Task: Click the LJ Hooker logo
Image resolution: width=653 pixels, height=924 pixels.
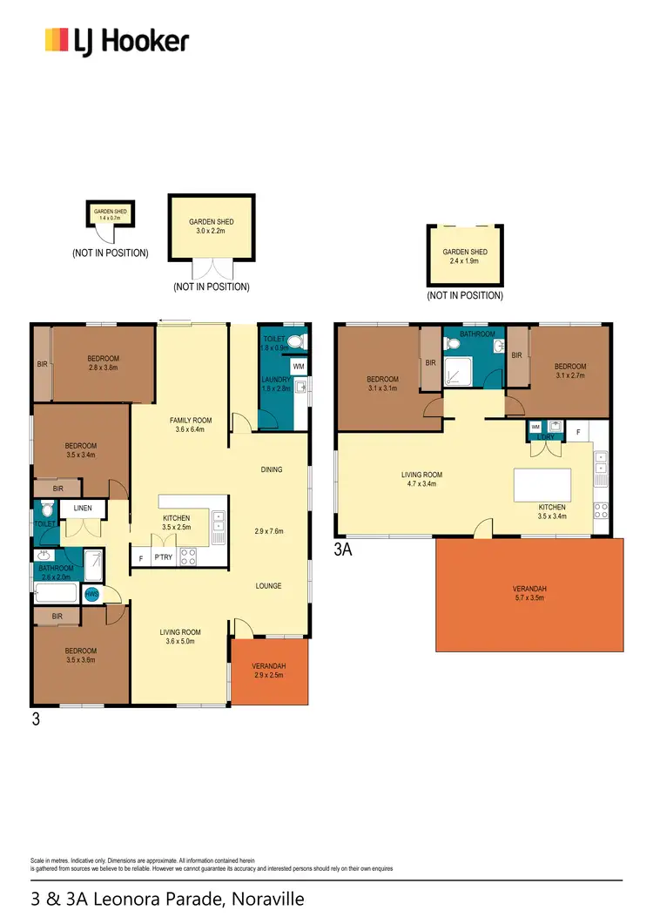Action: point(117,40)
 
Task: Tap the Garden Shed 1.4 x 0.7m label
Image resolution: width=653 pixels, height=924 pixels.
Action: point(110,214)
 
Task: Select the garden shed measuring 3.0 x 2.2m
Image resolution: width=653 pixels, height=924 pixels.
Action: point(212,227)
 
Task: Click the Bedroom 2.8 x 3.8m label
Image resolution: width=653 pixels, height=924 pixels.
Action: point(103,363)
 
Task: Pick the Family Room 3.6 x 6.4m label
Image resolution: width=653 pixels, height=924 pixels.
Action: point(192,425)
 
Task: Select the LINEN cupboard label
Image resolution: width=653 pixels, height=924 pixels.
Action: point(84,508)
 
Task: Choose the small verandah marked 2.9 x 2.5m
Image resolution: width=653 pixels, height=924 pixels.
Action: point(269,671)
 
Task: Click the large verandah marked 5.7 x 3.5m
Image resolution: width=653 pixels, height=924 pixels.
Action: point(529,594)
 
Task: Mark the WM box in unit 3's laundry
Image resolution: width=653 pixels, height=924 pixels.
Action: point(298,367)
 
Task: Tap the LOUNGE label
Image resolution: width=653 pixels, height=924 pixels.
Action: point(268,586)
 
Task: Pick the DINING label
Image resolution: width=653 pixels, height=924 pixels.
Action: point(272,469)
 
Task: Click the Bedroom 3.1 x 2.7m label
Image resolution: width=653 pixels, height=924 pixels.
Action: point(570,371)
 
